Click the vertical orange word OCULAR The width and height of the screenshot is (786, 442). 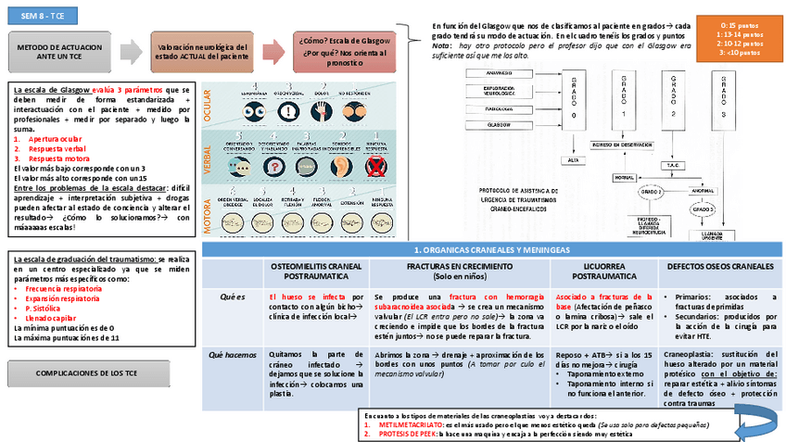208,105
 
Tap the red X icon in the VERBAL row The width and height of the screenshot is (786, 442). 376,166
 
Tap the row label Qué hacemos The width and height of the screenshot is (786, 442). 230,354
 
